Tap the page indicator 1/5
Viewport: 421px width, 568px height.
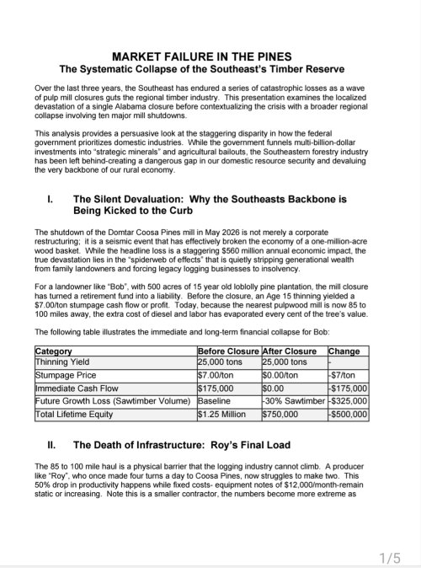pos(389,557)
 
